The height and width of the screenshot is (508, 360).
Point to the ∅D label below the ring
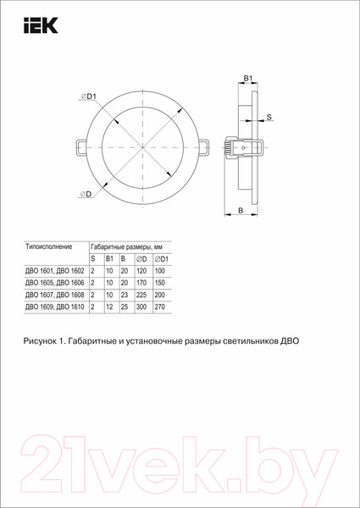[86, 194]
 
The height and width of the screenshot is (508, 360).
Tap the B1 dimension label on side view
[248, 79]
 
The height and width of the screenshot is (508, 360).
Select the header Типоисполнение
[43, 246]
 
